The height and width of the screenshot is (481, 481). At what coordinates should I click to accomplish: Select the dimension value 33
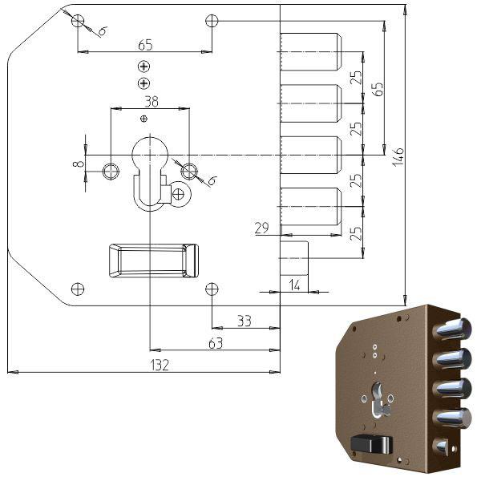(x=244, y=321)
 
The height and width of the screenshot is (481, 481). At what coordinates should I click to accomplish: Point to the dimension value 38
(x=150, y=101)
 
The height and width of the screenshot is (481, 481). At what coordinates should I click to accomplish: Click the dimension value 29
(x=261, y=229)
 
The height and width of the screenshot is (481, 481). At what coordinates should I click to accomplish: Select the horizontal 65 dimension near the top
(x=145, y=44)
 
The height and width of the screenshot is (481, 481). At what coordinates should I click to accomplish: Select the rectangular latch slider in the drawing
(x=152, y=261)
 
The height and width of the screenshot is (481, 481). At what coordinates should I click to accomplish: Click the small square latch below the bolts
(x=294, y=257)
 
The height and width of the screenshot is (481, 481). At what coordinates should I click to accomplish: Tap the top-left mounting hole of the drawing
(x=77, y=20)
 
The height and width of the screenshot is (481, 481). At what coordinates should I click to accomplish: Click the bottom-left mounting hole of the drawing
(x=77, y=289)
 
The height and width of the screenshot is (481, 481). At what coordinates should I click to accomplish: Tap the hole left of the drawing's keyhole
(x=111, y=170)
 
